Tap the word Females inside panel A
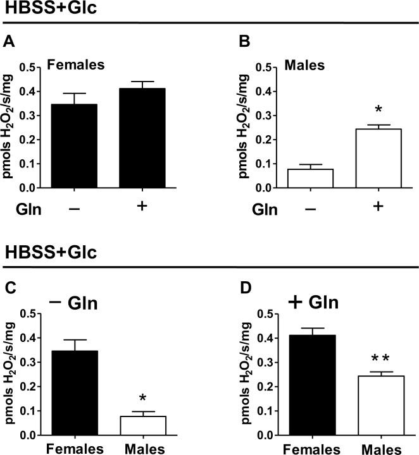77,64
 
